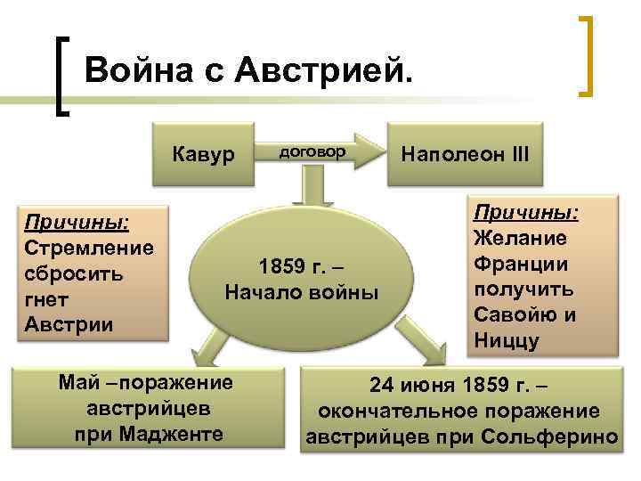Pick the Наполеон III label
465,153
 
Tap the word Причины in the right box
524,212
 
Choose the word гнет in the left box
47,298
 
